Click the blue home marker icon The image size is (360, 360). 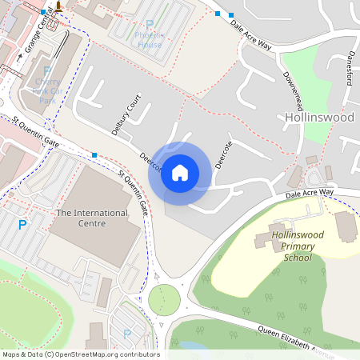(x=180, y=173)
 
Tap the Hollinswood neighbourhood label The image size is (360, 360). (x=319, y=118)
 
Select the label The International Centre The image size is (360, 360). (x=92, y=218)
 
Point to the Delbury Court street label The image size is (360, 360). (x=126, y=116)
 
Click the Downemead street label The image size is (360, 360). (x=293, y=94)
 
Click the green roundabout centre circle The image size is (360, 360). (x=163, y=300)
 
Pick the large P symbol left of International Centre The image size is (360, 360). (x=22, y=225)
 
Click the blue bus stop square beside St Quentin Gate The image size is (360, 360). (x=94, y=155)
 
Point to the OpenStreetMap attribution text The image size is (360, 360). (x=80, y=354)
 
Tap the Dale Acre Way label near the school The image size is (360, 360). (x=310, y=193)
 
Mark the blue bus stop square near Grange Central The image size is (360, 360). (x=44, y=13)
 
